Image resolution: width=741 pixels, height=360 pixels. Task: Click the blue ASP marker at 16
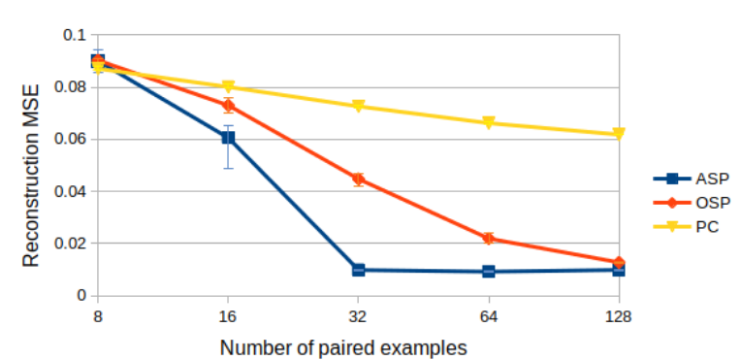(228, 138)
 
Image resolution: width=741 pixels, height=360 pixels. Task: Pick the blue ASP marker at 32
(358, 270)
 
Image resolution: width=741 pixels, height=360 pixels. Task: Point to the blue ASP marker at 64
(488, 272)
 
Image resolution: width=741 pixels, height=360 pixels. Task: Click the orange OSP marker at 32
(358, 180)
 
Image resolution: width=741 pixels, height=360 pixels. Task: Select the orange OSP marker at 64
(488, 238)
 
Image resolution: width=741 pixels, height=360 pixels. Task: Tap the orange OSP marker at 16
(228, 105)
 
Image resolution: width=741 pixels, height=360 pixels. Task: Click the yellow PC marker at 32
(358, 106)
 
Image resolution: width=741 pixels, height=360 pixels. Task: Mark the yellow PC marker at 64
(488, 123)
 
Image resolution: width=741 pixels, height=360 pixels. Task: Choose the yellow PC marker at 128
(618, 134)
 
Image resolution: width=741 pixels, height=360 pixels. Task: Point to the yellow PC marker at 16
(228, 87)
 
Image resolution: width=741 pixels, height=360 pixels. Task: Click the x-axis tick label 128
(618, 316)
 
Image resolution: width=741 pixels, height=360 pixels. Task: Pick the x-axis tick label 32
(358, 316)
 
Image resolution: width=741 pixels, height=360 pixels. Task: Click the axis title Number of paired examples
(343, 346)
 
